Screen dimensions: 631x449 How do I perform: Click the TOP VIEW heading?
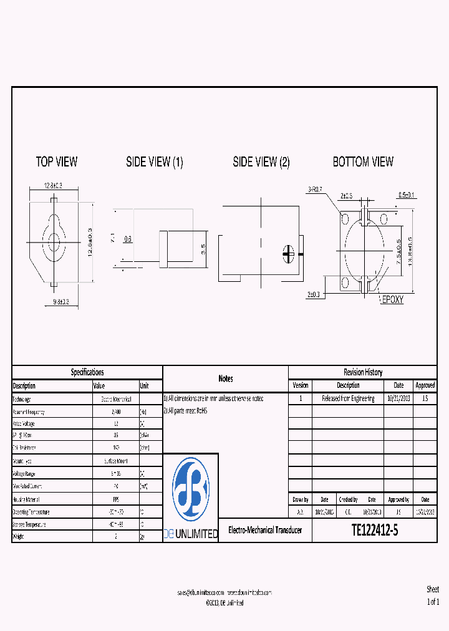[57, 162]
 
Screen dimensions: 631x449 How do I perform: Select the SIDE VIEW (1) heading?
[155, 162]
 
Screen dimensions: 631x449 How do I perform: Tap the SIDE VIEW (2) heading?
[261, 162]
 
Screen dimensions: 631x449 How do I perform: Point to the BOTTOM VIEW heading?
[363, 162]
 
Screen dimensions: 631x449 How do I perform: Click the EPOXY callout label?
[392, 300]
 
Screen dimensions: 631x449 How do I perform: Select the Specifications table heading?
[87, 372]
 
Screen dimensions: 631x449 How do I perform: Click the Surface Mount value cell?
[115, 461]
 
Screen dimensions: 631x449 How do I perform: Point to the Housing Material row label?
[29, 499]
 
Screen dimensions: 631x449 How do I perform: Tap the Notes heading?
[226, 378]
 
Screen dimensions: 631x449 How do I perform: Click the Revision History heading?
[363, 372]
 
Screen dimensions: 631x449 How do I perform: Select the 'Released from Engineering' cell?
[348, 398]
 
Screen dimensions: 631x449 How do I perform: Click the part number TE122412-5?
[375, 531]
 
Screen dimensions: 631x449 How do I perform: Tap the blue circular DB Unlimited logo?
[191, 490]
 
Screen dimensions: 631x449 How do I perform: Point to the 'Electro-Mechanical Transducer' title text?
[265, 531]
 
